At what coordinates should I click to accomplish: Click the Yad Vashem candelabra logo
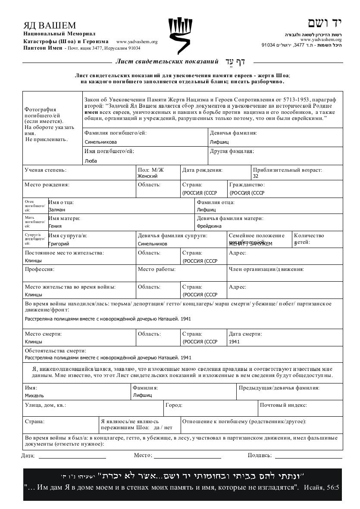[x=180, y=36]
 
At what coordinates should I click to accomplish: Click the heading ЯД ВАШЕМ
[x=50, y=25]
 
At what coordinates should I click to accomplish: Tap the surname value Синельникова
[x=100, y=142]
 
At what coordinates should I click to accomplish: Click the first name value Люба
[x=91, y=161]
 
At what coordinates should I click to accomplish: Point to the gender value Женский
[x=147, y=176]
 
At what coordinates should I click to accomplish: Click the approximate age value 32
[x=256, y=176]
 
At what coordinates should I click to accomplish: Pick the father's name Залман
[x=56, y=210]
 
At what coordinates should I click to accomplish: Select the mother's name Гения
[x=55, y=226]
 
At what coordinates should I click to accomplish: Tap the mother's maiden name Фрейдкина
[x=209, y=226]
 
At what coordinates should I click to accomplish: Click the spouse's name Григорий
[x=59, y=244]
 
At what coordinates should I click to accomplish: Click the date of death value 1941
[x=235, y=342]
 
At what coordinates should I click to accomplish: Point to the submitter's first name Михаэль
[x=34, y=395]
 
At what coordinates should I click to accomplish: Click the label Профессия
[x=39, y=269]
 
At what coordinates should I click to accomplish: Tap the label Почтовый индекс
[x=283, y=405]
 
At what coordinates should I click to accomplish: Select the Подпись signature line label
[x=260, y=455]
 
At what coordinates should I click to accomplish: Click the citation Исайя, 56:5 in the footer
[x=322, y=487]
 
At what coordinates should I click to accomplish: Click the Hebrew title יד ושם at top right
[x=324, y=23]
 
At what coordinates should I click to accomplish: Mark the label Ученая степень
[x=45, y=170]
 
